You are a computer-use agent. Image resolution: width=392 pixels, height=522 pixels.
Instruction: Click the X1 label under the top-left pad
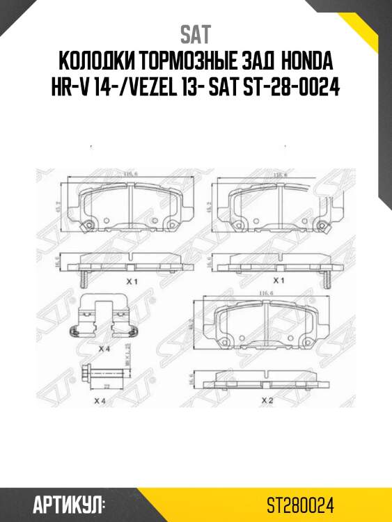[x=129, y=280]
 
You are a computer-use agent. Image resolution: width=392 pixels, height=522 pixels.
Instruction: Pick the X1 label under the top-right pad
[x=281, y=280]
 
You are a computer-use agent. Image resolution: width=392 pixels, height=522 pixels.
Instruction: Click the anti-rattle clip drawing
[x=104, y=317]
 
